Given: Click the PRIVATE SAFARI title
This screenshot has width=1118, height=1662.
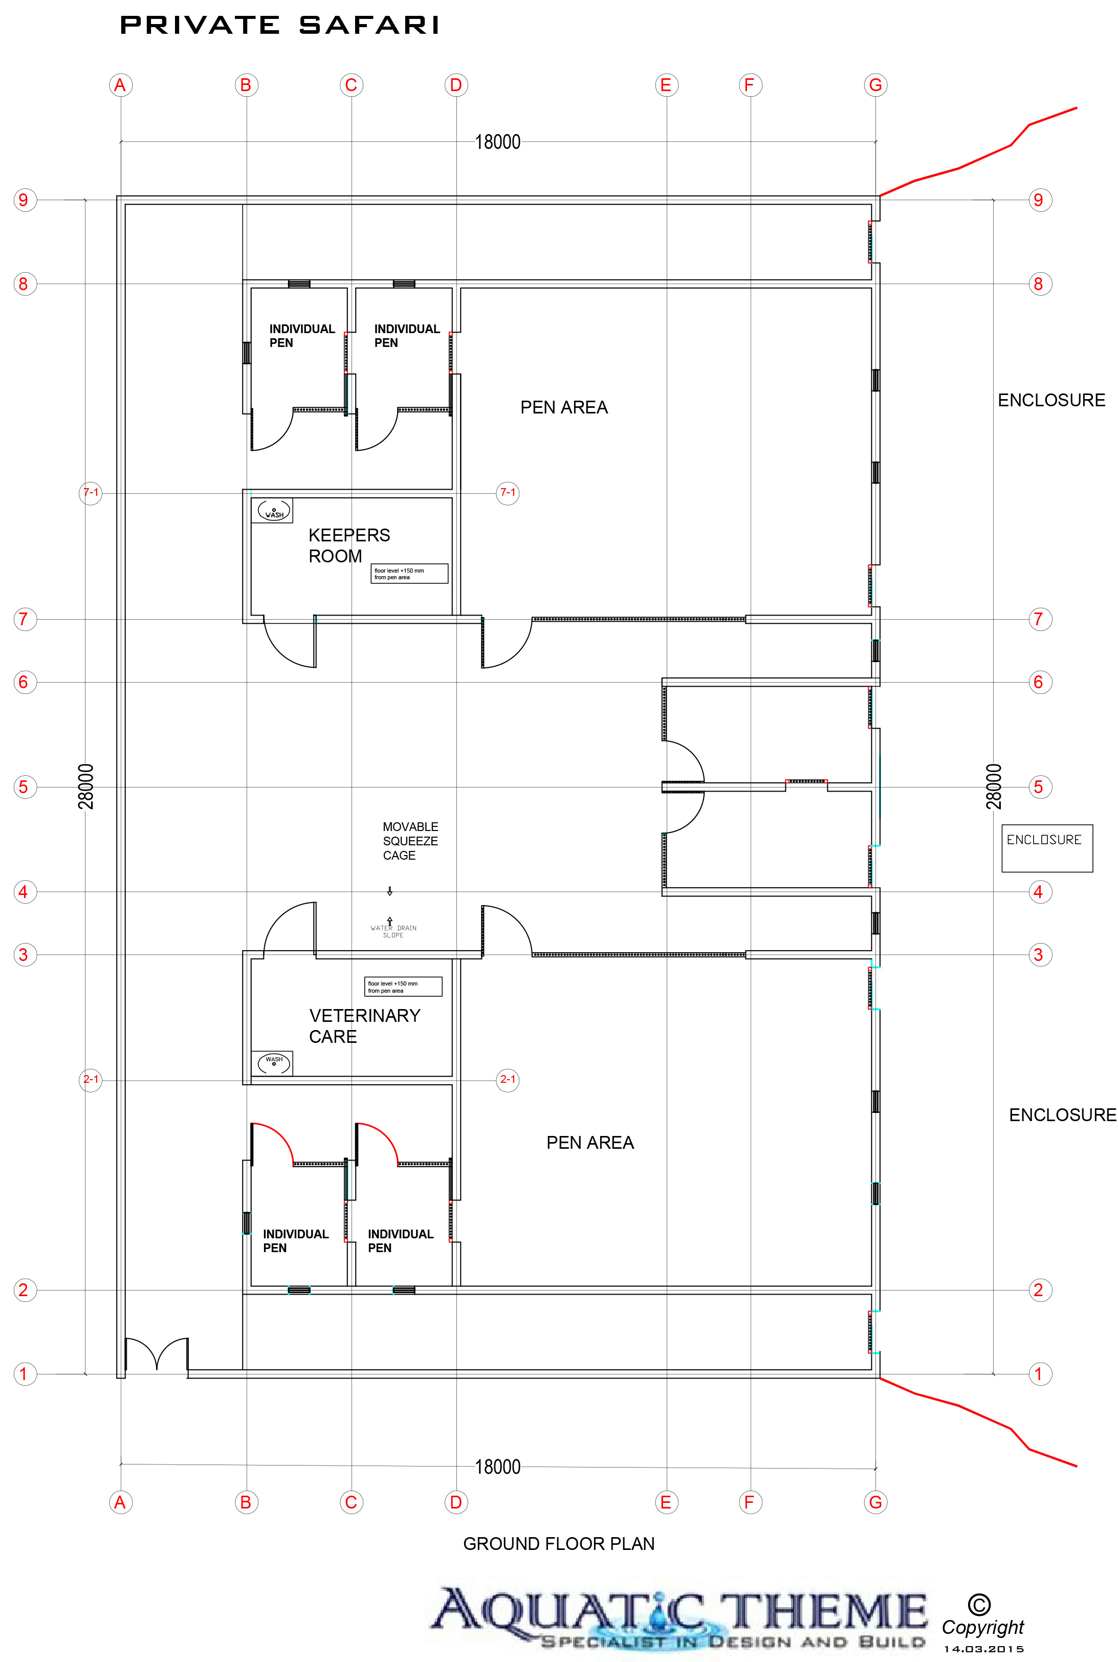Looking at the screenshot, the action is [x=279, y=26].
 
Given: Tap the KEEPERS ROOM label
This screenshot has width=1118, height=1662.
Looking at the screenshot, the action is [x=348, y=545].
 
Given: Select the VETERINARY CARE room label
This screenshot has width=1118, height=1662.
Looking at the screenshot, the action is [x=364, y=1026].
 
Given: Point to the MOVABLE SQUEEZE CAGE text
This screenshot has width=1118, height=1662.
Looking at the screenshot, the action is [x=410, y=841].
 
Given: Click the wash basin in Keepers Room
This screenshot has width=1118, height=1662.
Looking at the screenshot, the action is [x=274, y=511].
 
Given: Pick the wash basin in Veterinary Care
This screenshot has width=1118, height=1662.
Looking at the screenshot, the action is [x=274, y=1062].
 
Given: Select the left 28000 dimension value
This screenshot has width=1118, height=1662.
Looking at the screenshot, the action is [x=85, y=786].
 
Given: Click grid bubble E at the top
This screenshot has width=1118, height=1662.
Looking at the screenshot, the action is [x=666, y=85].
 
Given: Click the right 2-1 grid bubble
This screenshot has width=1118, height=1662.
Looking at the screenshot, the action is [x=508, y=1080].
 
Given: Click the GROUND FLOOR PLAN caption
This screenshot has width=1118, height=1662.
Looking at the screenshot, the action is [x=559, y=1544].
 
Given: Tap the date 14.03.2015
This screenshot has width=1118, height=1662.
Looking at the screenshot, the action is [x=984, y=1649].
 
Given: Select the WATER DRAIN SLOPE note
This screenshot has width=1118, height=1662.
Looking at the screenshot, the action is [x=393, y=931].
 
